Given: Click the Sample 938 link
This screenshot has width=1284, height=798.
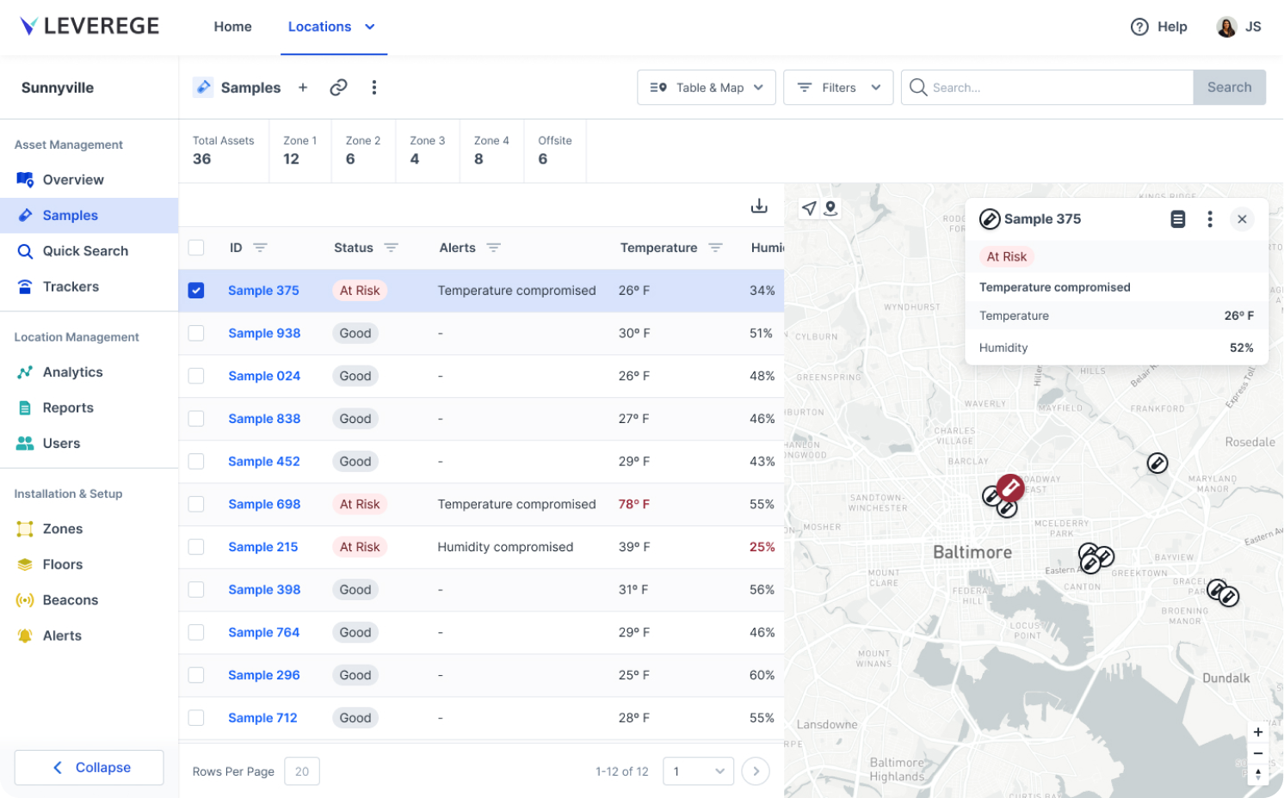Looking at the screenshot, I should tap(264, 334).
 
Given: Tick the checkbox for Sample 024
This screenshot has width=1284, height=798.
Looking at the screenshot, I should tap(196, 376).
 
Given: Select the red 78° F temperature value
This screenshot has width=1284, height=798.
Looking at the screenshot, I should tap(633, 505).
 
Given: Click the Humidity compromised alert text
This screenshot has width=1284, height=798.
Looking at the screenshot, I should tap(505, 547).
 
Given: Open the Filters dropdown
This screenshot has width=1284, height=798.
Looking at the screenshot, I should tap(837, 88).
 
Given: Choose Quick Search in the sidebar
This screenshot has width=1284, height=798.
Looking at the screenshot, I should tap(85, 251).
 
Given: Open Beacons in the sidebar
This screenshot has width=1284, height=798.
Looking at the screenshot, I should tap(71, 600).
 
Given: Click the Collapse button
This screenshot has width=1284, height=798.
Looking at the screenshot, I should tap(90, 767).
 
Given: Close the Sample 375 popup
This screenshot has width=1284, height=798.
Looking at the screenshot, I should tap(1242, 219).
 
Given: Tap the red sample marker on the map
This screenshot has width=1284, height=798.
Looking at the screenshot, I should tap(1010, 488).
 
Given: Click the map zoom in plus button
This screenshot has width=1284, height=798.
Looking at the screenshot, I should tap(1257, 733).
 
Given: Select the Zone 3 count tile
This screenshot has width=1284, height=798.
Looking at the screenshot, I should tap(427, 150).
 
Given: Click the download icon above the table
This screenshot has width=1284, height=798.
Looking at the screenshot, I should tap(759, 206).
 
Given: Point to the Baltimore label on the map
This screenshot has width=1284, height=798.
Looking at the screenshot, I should tap(972, 552).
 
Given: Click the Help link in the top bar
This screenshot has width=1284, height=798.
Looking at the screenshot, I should tap(1159, 27).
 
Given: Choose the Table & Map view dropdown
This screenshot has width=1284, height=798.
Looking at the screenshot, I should tap(706, 88).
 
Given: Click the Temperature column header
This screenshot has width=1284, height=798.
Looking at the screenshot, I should tap(658, 248).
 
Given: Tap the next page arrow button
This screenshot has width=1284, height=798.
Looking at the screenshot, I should tap(756, 771).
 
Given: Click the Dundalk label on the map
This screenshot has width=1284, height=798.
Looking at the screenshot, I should tap(1225, 678).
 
